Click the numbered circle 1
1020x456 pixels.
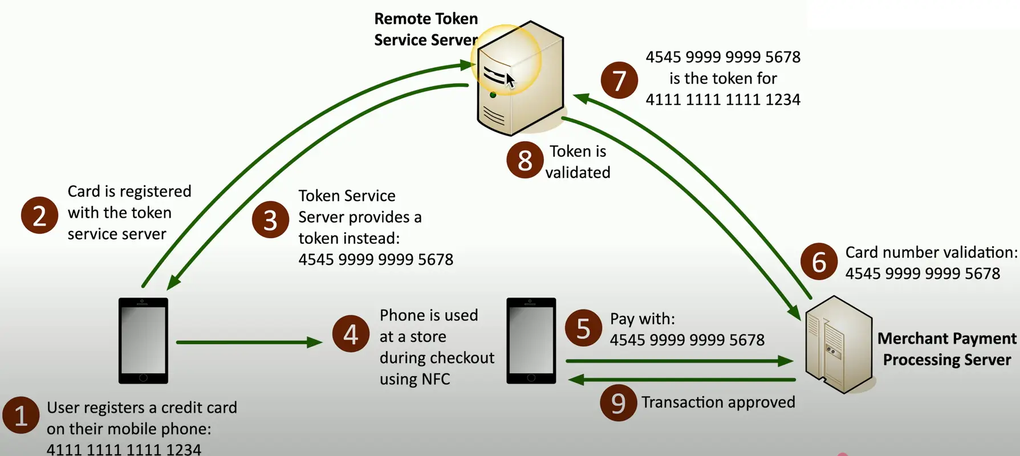coord(21,416)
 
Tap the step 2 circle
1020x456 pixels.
coord(39,215)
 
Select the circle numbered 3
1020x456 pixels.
coord(270,219)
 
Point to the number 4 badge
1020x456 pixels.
coord(351,334)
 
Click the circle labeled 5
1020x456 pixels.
coord(583,328)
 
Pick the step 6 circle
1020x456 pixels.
coord(819,262)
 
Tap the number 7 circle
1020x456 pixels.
coord(619,80)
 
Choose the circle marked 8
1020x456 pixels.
coord(525,160)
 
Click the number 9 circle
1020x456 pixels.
coord(619,403)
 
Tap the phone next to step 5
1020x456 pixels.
coord(531,341)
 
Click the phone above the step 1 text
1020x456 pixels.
coord(143,341)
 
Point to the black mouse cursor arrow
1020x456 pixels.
coord(510,80)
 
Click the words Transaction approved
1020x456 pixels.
coord(718,402)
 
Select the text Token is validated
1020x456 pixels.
coord(578,162)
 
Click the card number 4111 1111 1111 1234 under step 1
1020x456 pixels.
coord(124,449)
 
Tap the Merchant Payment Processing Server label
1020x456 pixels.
coord(946,349)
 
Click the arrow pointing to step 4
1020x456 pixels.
coord(249,342)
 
